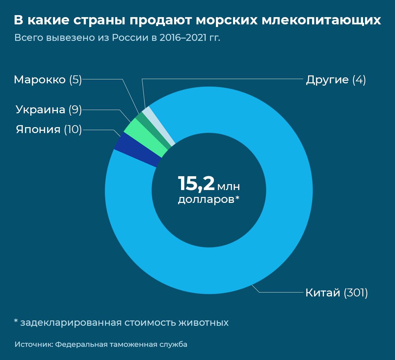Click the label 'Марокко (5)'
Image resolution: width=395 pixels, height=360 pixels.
point(48,80)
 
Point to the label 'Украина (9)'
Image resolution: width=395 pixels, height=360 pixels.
point(49,110)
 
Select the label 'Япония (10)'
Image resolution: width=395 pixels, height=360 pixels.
point(49,129)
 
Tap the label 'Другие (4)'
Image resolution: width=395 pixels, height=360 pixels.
point(336,80)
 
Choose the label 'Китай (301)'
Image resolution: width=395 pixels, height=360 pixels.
point(336,293)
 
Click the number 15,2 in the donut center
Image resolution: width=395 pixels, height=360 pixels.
point(196,184)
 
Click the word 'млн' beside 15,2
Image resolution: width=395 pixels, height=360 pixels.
point(228,187)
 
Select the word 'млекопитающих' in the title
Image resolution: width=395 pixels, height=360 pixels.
point(321,20)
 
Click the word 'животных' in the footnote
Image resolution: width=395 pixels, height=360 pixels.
point(203,322)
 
